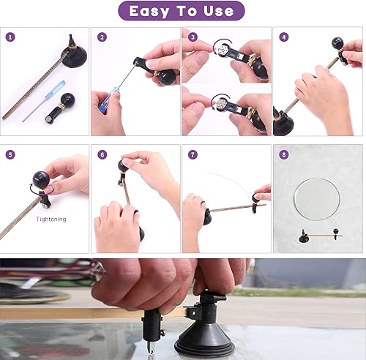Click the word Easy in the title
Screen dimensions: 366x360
pos(149,11)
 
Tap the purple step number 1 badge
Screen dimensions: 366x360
pos(10,37)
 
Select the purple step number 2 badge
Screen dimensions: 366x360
pos(102,37)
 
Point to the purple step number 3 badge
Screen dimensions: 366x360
pos(193,37)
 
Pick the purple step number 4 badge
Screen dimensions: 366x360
pos(283,37)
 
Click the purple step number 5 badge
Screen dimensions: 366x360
pos(10,154)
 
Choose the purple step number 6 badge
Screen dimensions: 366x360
pos(102,154)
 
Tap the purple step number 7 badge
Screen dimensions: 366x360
pos(193,154)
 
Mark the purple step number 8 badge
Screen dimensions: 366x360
pos(283,154)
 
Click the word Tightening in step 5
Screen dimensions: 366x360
pos(51,220)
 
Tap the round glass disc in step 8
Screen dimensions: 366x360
pos(317,199)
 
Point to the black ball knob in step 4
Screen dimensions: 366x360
pos(337,43)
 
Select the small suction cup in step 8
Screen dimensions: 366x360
pos(303,238)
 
